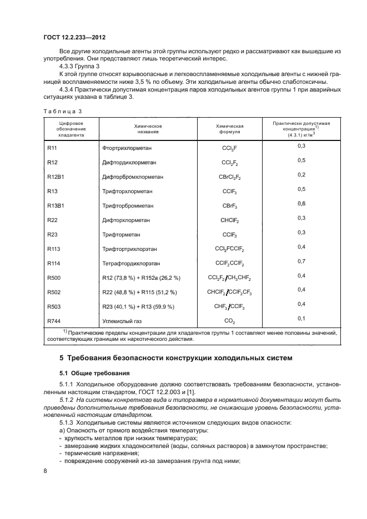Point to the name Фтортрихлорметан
pyautogui.click(x=128, y=148)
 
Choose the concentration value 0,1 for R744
pyautogui.click(x=301, y=318)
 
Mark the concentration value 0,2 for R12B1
pyautogui.click(x=301, y=174)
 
